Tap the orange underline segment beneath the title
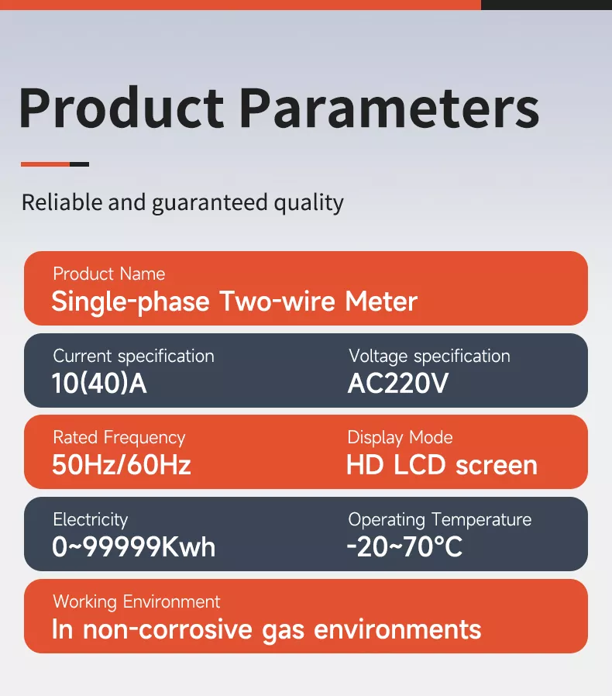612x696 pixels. [x=45, y=164]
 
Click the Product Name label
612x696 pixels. [x=109, y=274]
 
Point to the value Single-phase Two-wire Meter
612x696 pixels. [x=234, y=301]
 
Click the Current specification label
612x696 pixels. [x=133, y=357]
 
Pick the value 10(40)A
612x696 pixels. [x=99, y=384]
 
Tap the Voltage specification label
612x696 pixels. [x=429, y=357]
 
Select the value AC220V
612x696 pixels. [x=398, y=384]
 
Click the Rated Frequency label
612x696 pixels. [x=119, y=438]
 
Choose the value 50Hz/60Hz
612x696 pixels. [x=122, y=465]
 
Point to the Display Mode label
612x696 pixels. [x=400, y=438]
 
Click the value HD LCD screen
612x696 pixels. [x=442, y=465]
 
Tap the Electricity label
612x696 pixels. [x=90, y=520]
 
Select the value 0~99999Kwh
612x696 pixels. [x=133, y=547]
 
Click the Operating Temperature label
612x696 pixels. [x=440, y=520]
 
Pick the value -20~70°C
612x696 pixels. [x=404, y=547]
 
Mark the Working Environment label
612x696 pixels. [x=136, y=602]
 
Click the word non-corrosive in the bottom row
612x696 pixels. [x=181, y=629]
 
